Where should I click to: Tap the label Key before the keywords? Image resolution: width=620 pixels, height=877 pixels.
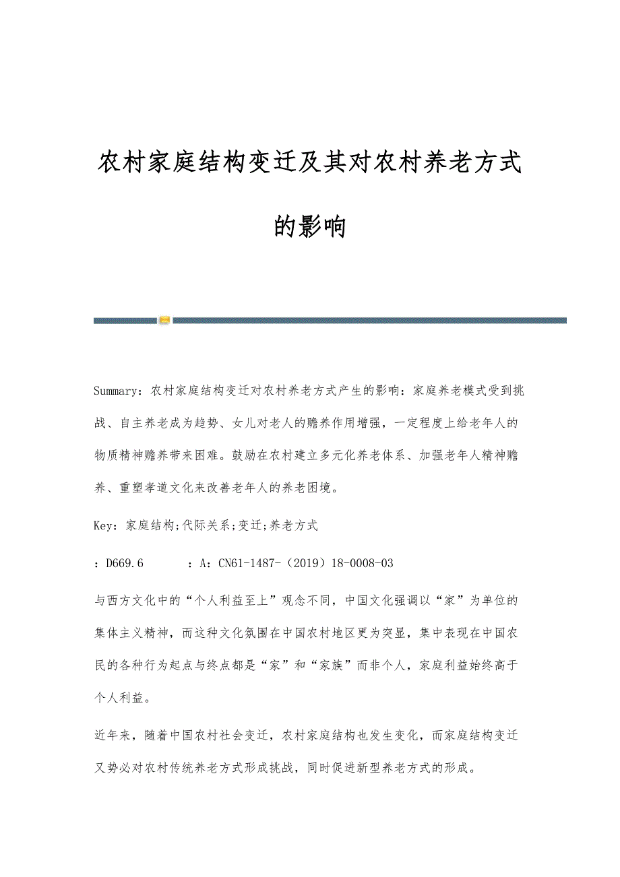[x=105, y=525]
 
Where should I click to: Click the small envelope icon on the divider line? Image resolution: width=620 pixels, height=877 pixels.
[x=165, y=321]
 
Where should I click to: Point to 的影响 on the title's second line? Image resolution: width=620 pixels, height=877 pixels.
[x=310, y=227]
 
